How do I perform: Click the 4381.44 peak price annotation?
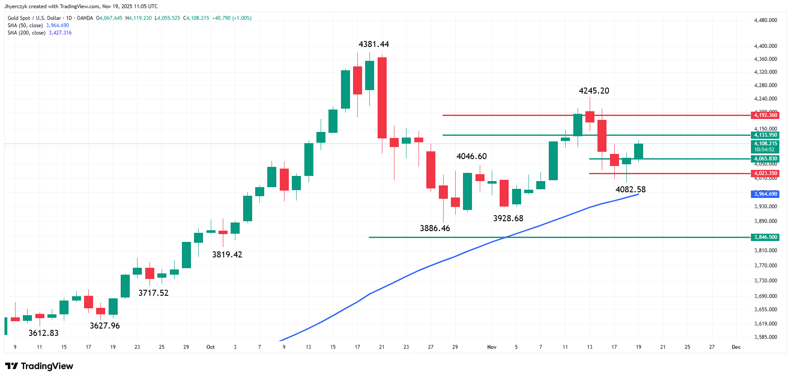tap(374, 44)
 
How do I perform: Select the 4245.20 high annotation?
tap(594, 91)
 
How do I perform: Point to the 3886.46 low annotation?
tap(435, 229)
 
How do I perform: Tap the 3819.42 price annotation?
tap(227, 255)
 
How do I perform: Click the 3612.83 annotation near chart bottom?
tap(43, 333)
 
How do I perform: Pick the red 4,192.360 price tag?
tap(765, 115)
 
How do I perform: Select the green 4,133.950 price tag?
tap(765, 135)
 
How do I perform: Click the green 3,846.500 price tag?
tap(765, 237)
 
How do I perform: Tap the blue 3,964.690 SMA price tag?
tap(765, 194)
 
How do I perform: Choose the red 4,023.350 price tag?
tap(765, 173)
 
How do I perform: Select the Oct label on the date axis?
tap(210, 347)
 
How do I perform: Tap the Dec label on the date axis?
tap(736, 347)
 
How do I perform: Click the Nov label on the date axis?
tap(492, 347)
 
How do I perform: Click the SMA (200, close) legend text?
tap(27, 33)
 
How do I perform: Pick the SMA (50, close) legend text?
tap(25, 25)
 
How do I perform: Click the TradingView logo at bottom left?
tap(39, 366)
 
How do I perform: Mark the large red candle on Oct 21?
tap(382, 98)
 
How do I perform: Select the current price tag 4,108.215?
tap(765, 144)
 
